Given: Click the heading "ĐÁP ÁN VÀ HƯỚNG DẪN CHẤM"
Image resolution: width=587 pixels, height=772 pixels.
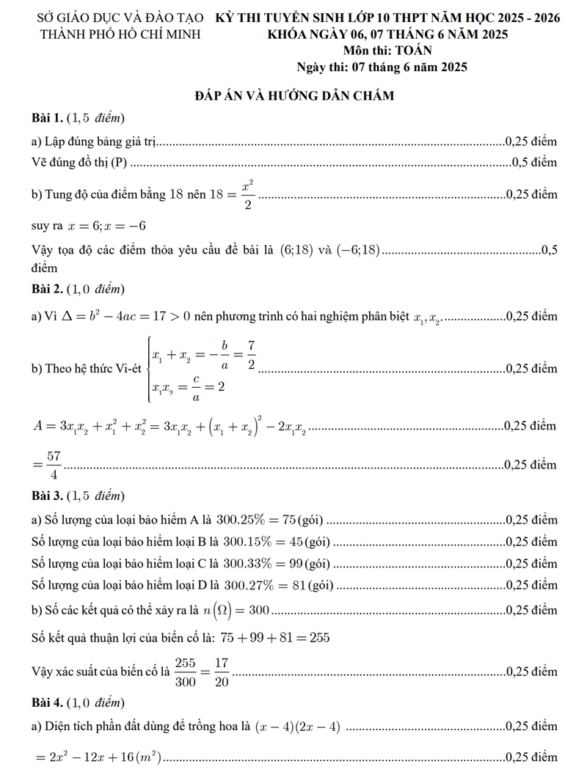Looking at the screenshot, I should pos(294,95).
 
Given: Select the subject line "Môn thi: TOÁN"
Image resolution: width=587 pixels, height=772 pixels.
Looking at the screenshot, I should pos(387,51).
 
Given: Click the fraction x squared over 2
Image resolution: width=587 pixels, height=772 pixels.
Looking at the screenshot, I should pos(248,195).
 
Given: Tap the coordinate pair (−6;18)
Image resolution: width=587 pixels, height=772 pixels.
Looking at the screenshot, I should pos(358,250).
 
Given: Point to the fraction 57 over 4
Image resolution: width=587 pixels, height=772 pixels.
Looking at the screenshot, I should pos(54,465).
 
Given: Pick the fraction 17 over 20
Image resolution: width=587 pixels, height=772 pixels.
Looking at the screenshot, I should pos(222,672).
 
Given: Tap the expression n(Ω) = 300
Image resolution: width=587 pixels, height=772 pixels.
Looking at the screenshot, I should pos(236,609).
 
